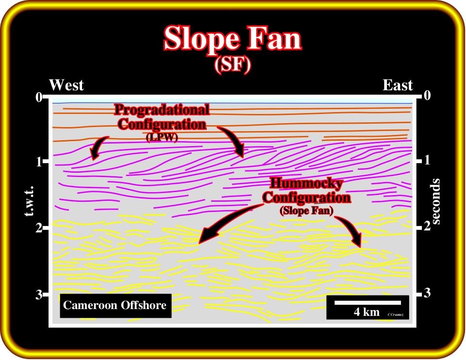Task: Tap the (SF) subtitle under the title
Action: [233, 65]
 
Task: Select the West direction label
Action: [67, 85]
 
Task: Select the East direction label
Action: [398, 85]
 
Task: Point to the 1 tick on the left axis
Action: [39, 162]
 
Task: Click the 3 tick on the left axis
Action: [39, 295]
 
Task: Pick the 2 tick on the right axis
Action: [427, 227]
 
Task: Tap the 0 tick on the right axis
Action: [427, 96]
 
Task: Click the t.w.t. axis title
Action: [29, 201]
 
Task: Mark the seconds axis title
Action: [435, 201]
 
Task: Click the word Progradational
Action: [162, 110]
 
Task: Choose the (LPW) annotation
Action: [162, 137]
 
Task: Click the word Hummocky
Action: [306, 183]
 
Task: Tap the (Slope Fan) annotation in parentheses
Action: [306, 211]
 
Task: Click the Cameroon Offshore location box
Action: [116, 306]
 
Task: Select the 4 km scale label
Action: [367, 312]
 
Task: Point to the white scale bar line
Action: [367, 303]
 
